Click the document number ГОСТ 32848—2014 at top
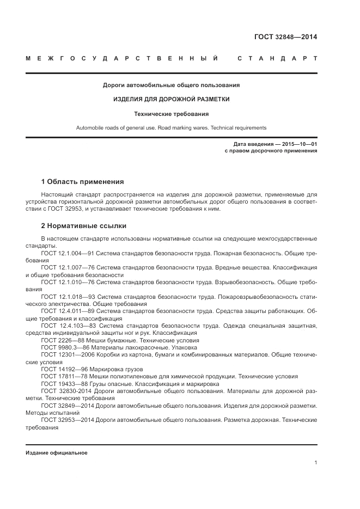(x=285, y=38)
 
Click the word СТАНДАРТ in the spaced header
(x=277, y=58)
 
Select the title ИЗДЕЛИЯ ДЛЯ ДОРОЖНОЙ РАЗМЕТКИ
(x=171, y=100)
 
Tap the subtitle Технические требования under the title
(x=171, y=114)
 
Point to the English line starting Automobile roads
(x=171, y=128)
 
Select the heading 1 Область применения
(x=83, y=181)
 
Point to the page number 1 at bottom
(x=315, y=463)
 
